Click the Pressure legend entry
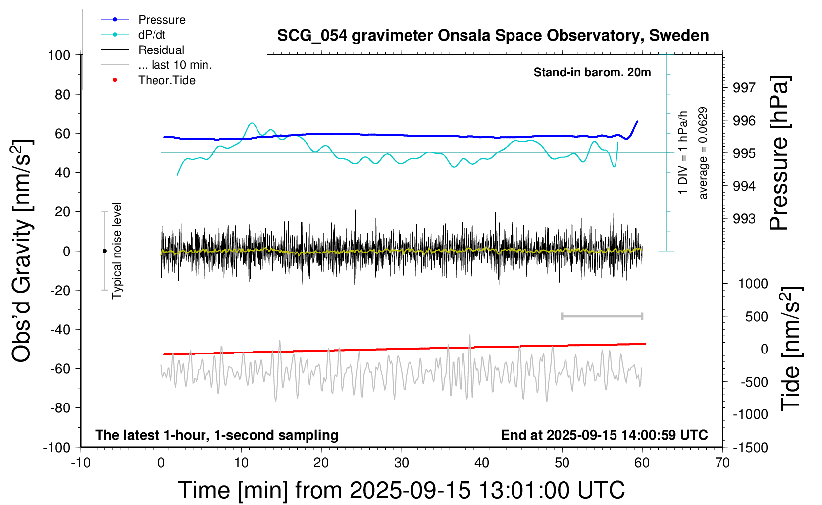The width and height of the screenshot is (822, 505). click(x=161, y=20)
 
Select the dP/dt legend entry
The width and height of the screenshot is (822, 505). click(x=152, y=35)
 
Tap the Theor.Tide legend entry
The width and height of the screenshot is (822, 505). click(x=166, y=80)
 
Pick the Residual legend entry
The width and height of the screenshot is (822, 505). click(x=161, y=50)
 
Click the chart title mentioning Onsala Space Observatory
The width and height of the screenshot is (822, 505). click(x=493, y=36)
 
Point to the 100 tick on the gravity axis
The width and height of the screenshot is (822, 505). click(x=59, y=55)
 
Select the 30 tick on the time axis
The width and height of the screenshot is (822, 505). click(x=402, y=463)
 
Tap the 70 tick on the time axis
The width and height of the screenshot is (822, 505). click(x=722, y=463)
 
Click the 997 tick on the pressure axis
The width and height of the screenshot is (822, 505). click(x=744, y=88)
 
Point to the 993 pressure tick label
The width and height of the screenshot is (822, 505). click(x=744, y=219)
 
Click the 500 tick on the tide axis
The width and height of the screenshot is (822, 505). click(x=756, y=317)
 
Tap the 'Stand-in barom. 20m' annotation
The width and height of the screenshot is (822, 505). click(x=592, y=72)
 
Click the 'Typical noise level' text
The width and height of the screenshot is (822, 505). click(x=117, y=251)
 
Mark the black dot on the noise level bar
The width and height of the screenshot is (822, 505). click(x=104, y=251)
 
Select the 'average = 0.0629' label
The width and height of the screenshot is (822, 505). click(x=703, y=153)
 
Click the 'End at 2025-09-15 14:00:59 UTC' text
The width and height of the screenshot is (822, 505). click(x=604, y=435)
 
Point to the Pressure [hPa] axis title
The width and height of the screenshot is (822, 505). click(x=779, y=153)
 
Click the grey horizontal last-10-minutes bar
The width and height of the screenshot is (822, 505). click(x=602, y=316)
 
